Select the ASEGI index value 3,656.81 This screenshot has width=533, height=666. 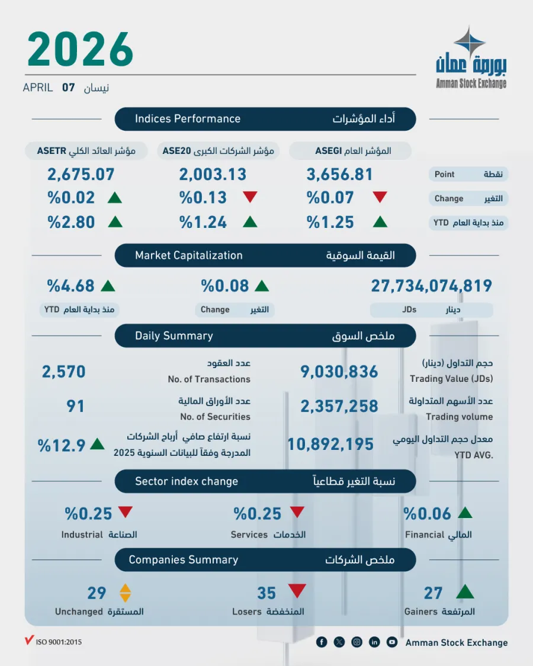(339, 175)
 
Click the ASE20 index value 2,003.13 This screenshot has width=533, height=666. (213, 175)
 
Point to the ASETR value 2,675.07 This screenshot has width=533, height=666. (81, 175)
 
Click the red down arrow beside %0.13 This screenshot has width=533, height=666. (251, 198)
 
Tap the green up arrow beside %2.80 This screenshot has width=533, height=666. (115, 222)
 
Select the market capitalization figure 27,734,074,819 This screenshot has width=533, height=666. (431, 286)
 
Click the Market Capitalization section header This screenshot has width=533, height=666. (189, 256)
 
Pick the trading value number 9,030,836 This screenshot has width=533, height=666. (339, 371)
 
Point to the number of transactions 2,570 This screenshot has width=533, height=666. (63, 371)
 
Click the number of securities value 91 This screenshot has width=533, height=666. (75, 406)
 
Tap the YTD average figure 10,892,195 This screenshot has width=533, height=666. (330, 444)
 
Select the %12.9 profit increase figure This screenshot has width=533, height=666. (62, 445)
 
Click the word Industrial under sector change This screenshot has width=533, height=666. (82, 535)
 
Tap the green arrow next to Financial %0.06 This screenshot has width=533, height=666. (465, 513)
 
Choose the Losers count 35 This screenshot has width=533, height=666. (266, 593)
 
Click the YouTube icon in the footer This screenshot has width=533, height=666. (391, 642)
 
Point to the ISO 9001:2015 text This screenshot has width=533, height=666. (58, 642)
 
